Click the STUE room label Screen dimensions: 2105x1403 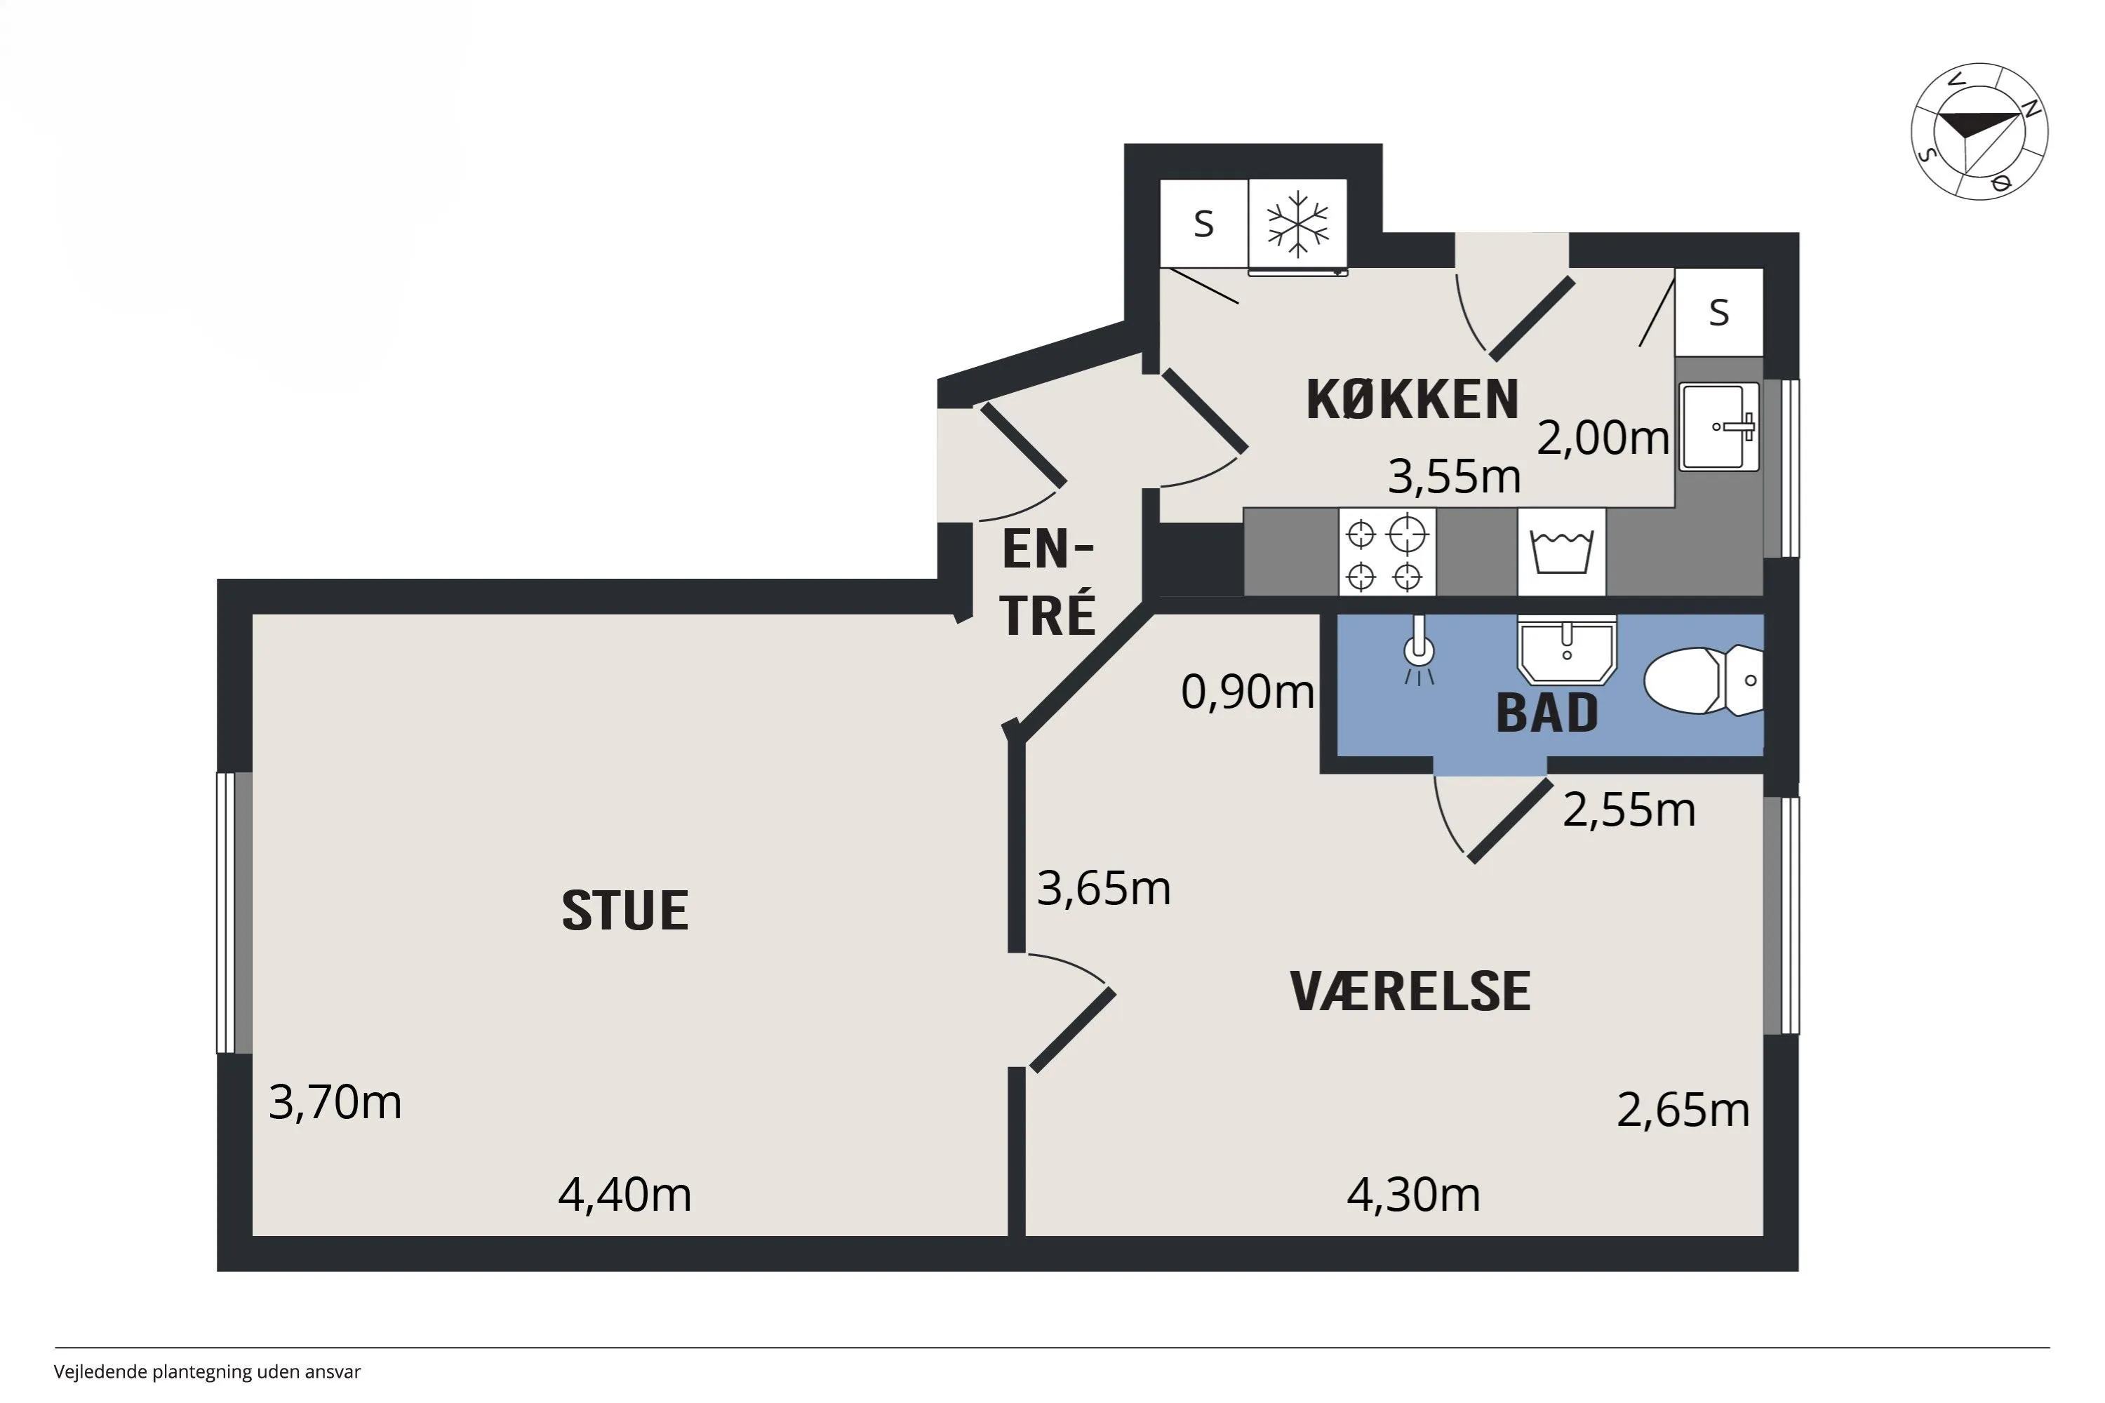(624, 911)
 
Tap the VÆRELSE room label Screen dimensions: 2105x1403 (1410, 991)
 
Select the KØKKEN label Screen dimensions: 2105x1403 (1412, 399)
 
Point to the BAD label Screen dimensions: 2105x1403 (1546, 713)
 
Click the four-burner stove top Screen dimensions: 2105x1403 (1387, 551)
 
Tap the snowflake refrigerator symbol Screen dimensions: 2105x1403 (1297, 225)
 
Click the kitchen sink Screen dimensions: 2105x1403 (1719, 427)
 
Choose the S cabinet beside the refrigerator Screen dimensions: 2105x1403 (1204, 224)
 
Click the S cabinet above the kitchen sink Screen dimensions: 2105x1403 (1718, 311)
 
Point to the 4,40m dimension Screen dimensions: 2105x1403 (624, 1195)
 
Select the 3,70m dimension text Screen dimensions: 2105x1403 (335, 1101)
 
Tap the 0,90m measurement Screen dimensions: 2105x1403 (1248, 692)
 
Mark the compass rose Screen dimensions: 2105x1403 (1979, 132)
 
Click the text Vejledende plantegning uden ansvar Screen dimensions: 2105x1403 (207, 1371)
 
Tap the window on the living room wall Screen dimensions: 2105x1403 (234, 913)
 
